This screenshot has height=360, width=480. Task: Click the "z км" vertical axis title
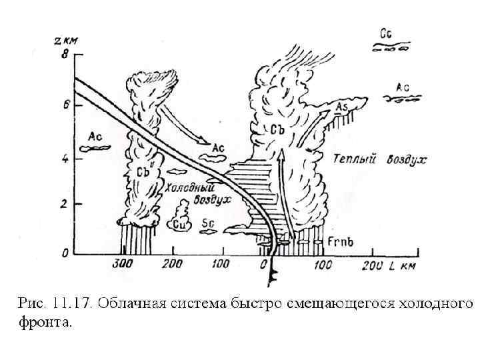click(66, 41)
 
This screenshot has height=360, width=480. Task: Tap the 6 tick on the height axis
click(65, 105)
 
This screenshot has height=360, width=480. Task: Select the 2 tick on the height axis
click(65, 204)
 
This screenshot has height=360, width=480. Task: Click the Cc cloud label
click(385, 33)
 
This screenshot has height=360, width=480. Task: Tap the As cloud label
click(341, 107)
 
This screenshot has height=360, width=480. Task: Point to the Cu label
click(179, 225)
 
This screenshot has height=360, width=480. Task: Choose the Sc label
click(207, 224)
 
